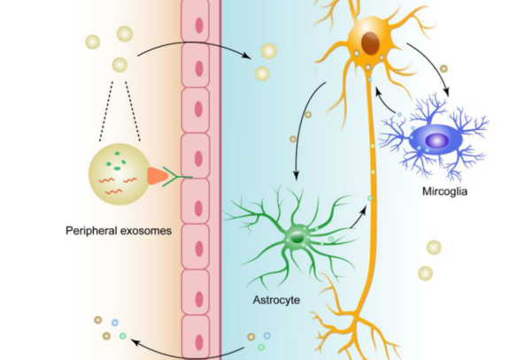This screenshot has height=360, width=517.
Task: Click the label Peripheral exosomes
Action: tap(119, 231)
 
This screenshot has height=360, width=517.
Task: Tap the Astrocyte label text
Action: tap(276, 300)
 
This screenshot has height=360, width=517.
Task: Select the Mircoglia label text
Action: tap(444, 191)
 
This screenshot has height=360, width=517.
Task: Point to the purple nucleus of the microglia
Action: tap(436, 142)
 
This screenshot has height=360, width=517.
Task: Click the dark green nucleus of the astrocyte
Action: tap(297, 238)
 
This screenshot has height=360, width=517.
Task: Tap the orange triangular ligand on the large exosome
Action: tap(157, 176)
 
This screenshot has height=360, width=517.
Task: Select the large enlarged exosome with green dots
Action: tap(120, 174)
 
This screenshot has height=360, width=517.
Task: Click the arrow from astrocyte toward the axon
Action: tap(359, 218)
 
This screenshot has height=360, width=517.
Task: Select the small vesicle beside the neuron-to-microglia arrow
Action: tap(444, 68)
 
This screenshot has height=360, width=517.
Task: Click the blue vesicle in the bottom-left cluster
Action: tap(115, 323)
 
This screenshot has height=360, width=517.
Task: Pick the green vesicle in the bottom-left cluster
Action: tap(123, 336)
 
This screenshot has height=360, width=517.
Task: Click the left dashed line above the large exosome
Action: tap(106, 111)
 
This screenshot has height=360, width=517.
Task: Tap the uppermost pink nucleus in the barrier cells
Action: tap(199, 26)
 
